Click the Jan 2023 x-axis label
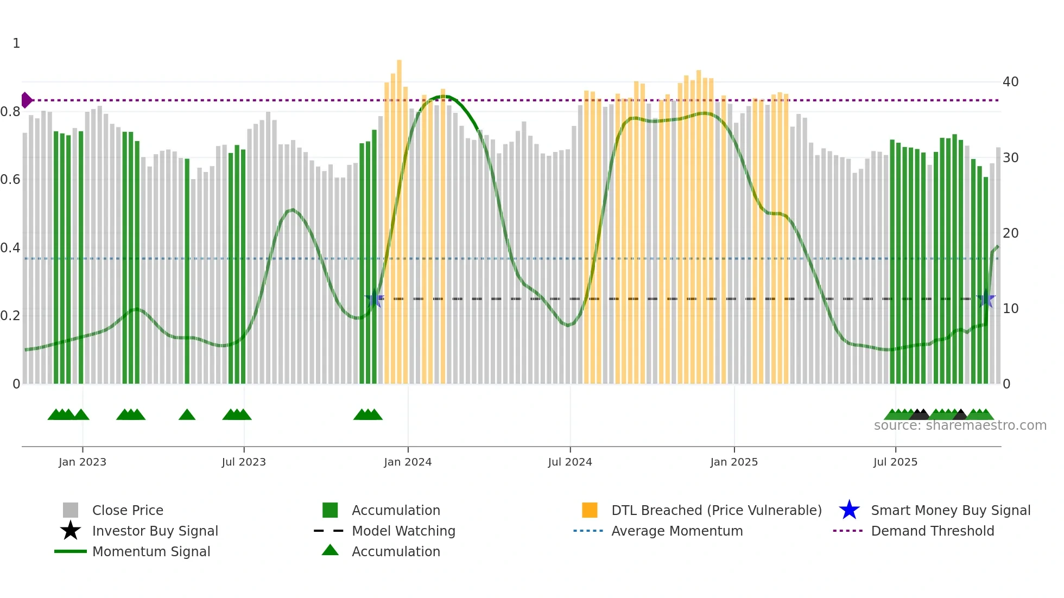coord(83,462)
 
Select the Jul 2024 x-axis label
coord(569,462)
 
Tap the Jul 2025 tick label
coord(895,462)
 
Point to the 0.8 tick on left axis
coord(10,112)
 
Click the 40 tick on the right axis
coord(1010,82)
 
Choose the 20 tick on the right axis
coord(1010,233)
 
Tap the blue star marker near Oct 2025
coord(985,299)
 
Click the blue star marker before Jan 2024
coord(374,298)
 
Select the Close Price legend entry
coord(127,510)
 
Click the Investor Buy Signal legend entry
coord(155,531)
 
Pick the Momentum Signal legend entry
coord(151,551)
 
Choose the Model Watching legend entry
coord(403,531)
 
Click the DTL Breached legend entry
coord(716,510)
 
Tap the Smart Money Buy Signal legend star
coord(849,510)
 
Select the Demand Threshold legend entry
coord(932,531)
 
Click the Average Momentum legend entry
coord(676,531)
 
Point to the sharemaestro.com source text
coord(960,425)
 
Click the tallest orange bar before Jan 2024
coord(399,217)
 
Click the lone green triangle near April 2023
coord(187,415)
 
